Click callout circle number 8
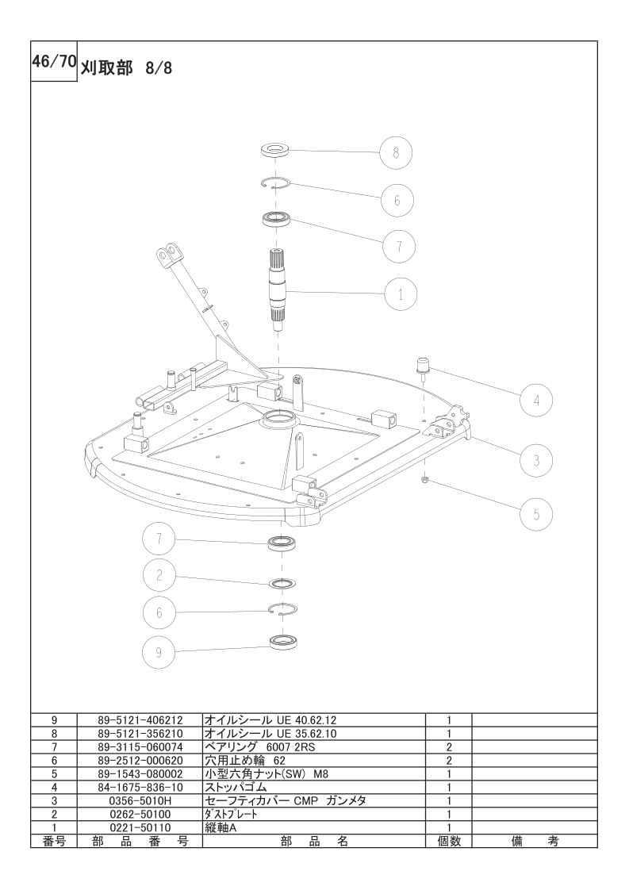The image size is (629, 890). click(397, 152)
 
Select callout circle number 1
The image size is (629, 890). click(401, 294)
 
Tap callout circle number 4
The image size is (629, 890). click(536, 400)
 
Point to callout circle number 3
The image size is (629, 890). click(536, 459)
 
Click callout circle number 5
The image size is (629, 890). click(536, 514)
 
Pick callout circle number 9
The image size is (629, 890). click(159, 652)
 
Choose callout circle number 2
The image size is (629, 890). click(159, 575)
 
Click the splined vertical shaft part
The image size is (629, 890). click(277, 290)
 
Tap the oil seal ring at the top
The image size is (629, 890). click(274, 151)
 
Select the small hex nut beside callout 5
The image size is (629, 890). click(425, 481)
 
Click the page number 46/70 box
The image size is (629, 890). click(54, 61)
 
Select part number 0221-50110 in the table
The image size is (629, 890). click(140, 827)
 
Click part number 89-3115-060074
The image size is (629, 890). click(140, 747)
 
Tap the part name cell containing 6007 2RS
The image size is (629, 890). click(314, 747)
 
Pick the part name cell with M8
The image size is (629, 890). click(314, 773)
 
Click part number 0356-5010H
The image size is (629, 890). click(140, 801)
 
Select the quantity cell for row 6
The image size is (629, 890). click(449, 761)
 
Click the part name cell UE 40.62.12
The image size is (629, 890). click(314, 720)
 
